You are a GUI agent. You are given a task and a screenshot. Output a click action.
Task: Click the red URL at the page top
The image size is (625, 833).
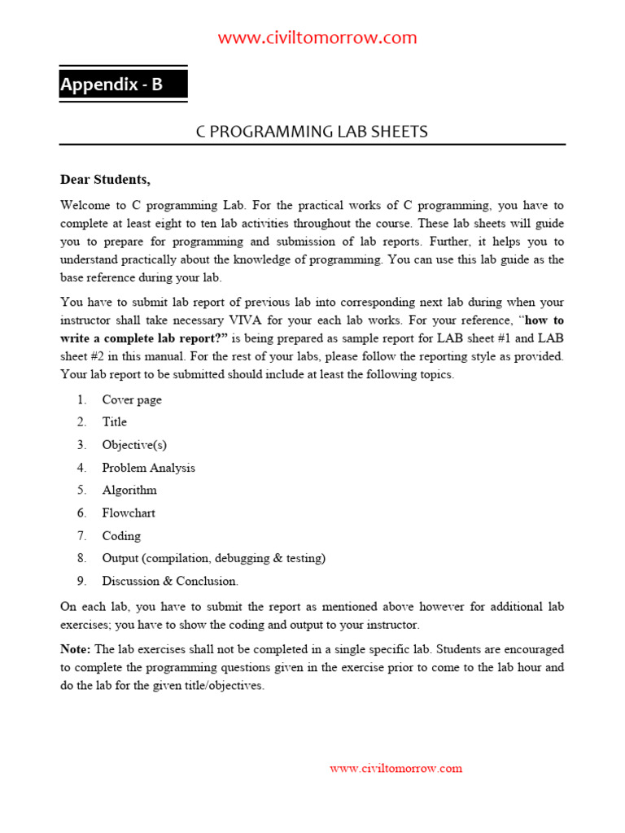(x=317, y=37)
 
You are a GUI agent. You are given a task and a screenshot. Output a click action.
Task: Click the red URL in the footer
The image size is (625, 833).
(x=396, y=768)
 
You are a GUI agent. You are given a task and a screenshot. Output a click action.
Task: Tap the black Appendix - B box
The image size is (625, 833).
(x=123, y=85)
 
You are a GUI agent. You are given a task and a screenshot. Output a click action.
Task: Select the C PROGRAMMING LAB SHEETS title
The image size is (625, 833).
(x=312, y=132)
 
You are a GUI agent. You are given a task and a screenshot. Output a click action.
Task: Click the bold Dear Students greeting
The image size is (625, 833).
(x=105, y=179)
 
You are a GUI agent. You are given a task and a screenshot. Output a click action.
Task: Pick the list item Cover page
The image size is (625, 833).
(x=132, y=399)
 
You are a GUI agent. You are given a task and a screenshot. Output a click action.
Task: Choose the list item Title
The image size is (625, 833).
(x=114, y=422)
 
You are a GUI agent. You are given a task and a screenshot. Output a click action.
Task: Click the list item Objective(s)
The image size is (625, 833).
(x=134, y=445)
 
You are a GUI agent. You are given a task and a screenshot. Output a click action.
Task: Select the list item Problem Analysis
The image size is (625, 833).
(x=148, y=468)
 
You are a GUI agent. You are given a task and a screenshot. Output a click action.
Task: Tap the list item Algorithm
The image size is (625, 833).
(x=129, y=491)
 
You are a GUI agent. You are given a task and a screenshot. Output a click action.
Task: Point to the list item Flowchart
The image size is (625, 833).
(x=129, y=513)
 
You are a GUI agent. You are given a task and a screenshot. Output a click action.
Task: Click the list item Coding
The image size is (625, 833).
(x=121, y=536)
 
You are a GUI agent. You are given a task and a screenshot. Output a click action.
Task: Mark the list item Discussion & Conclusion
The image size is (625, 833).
(x=170, y=582)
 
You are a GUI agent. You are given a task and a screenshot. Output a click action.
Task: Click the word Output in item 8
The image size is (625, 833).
(x=120, y=559)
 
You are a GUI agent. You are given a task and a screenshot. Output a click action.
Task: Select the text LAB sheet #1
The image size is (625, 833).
(x=489, y=338)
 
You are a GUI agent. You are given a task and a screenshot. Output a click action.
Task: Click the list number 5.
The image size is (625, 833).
(x=81, y=491)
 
